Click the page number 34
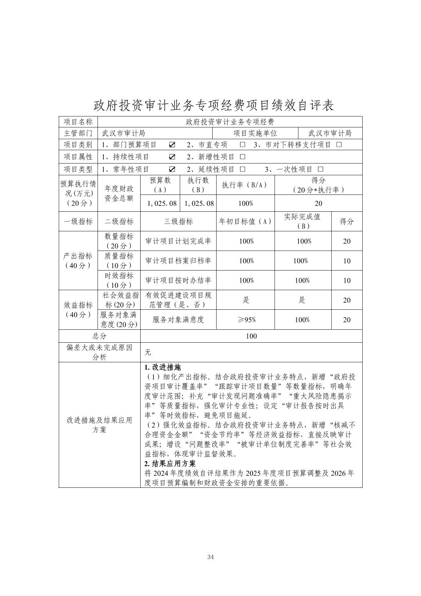[210, 557]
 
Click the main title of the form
[214, 105]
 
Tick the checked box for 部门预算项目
[172, 145]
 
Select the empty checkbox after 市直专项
[242, 145]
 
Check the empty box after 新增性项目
[242, 157]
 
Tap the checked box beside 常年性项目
[172, 169]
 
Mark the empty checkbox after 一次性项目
[320, 169]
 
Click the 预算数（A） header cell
[160, 185]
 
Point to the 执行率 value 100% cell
[246, 204]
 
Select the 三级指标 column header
[178, 222]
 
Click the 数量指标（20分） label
[119, 241]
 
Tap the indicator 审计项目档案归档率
[178, 261]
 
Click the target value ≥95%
[246, 320]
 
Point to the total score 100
[251, 336]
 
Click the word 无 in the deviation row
[148, 353]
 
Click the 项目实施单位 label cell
[255, 133]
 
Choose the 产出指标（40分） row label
[78, 261]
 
